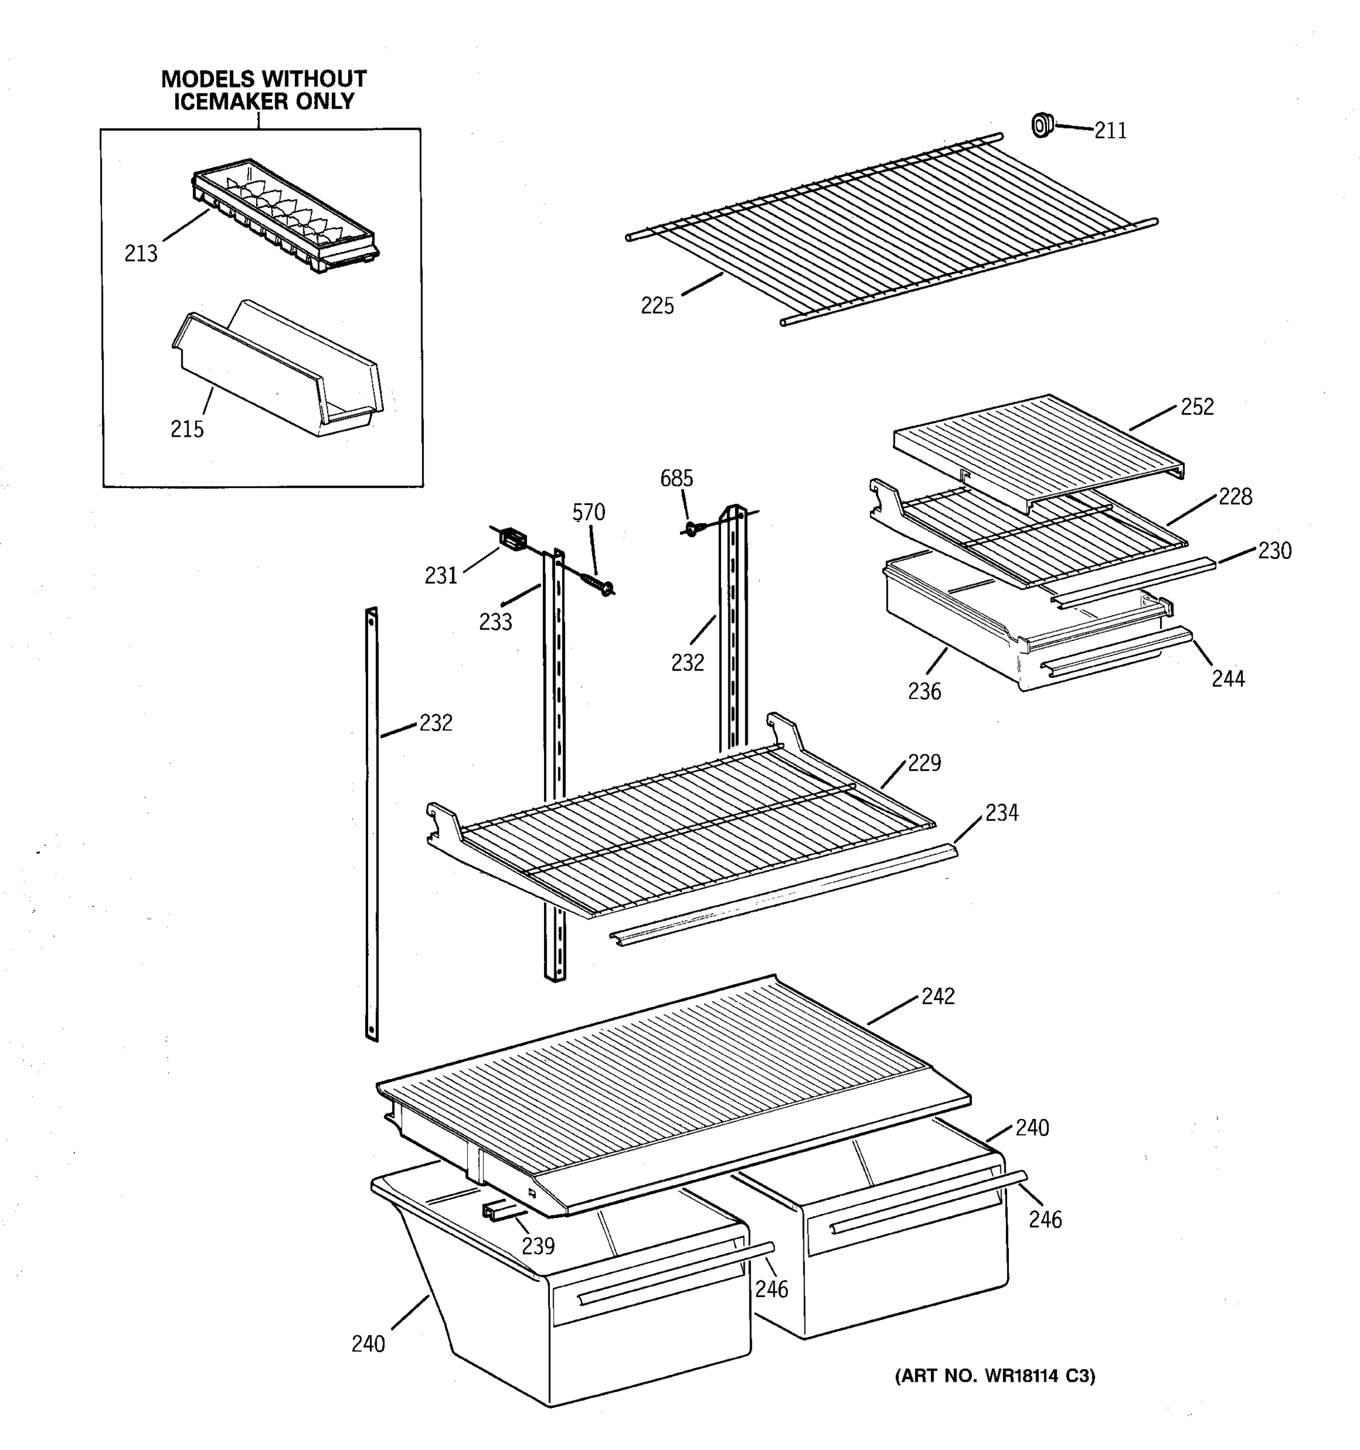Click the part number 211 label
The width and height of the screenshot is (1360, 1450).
1110,131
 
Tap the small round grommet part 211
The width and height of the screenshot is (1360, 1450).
1042,126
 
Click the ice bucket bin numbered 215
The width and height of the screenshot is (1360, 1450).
277,372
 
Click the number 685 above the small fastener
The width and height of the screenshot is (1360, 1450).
676,479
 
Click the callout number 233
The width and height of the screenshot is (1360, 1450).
496,622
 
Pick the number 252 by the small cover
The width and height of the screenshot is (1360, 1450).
1197,408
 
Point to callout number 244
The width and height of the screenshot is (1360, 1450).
1228,679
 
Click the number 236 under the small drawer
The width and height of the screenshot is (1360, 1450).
924,691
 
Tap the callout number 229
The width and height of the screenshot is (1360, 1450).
924,764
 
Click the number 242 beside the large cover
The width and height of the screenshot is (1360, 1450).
937,997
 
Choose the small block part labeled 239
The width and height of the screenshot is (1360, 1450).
496,1211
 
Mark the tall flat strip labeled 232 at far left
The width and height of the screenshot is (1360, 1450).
372,824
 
